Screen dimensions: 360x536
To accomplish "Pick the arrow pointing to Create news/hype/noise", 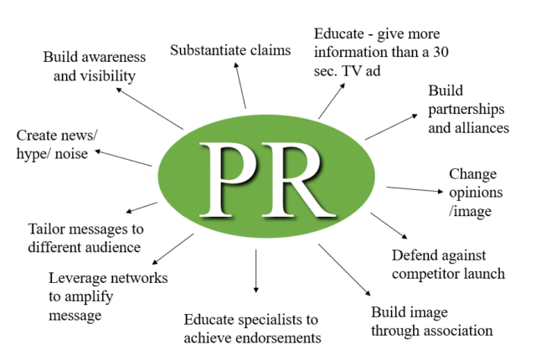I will [x=122, y=158].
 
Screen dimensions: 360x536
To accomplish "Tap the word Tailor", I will [x=47, y=229].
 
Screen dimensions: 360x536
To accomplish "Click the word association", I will [x=456, y=331].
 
